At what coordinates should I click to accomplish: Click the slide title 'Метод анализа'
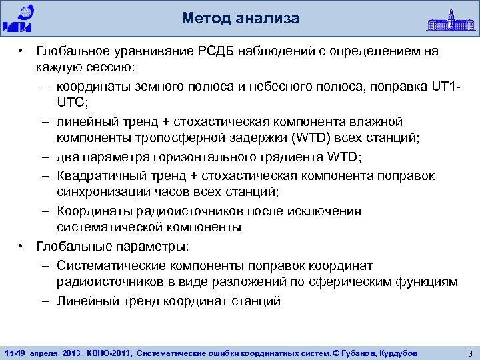(x=240, y=18)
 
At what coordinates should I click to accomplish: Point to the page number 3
(x=470, y=353)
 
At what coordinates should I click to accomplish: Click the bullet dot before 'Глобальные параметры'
(x=22, y=246)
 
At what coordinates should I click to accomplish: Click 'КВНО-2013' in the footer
(x=108, y=353)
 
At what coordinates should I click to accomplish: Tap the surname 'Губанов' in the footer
(x=359, y=353)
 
